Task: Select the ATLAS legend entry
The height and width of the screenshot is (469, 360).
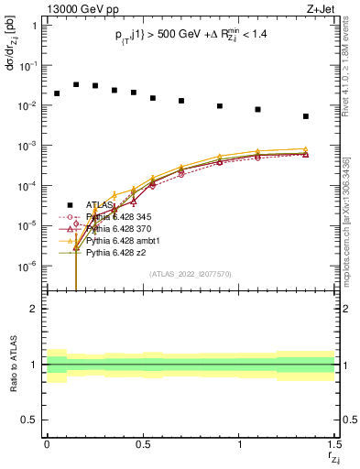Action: (x=102, y=205)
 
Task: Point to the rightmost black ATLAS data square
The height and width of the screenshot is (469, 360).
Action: (x=306, y=116)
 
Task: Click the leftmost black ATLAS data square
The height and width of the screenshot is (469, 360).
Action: (x=57, y=93)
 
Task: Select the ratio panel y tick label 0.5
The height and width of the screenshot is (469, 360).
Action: (x=29, y=420)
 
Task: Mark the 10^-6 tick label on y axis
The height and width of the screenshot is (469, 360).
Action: (x=26, y=266)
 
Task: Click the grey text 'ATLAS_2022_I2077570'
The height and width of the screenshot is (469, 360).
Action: (x=191, y=273)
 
